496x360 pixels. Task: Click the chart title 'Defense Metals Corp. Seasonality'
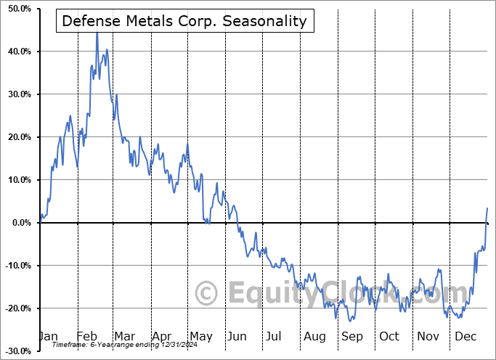click(184, 21)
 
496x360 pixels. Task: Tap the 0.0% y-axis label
click(20, 223)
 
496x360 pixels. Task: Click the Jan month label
click(48, 336)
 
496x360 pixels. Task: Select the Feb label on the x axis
click(86, 336)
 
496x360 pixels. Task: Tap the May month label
click(200, 336)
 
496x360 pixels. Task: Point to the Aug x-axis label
click(315, 336)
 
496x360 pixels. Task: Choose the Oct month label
click(389, 336)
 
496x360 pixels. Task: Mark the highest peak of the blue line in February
click(97, 32)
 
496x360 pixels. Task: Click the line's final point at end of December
click(487, 208)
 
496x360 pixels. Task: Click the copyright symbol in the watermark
click(207, 294)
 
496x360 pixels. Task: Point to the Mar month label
click(123, 336)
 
